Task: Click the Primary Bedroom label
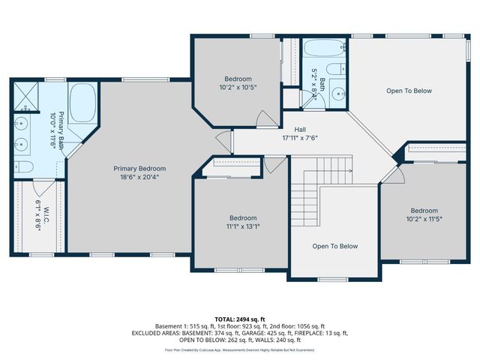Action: [x=139, y=168]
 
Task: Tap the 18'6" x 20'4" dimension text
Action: [x=139, y=177]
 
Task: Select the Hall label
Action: [x=300, y=129]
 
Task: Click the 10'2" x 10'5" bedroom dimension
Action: [x=238, y=88]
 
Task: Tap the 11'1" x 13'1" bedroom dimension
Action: [x=243, y=226]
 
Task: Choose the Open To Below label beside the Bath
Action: [x=409, y=91]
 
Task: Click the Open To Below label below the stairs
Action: [x=334, y=246]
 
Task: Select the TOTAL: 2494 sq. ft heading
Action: [x=240, y=319]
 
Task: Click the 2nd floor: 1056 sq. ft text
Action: [x=295, y=326]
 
